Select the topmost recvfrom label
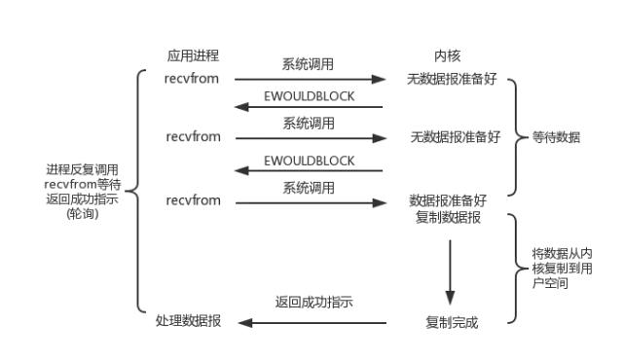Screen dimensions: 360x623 point(192,78)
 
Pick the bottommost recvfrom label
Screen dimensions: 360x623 point(192,200)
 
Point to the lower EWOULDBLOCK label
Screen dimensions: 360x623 point(309,161)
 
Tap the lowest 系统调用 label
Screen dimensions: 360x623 point(309,187)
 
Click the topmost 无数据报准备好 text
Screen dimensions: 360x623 point(453,78)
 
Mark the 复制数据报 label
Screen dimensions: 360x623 point(446,216)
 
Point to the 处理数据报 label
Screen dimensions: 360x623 point(188,322)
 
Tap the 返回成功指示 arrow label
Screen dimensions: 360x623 point(313,303)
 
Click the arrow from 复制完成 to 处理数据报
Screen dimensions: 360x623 point(311,322)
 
